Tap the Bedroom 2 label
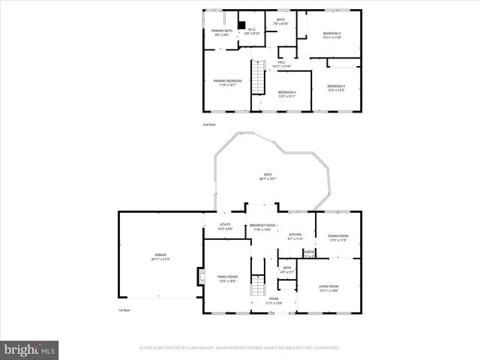pos(331,35)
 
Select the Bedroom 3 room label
pos(335,88)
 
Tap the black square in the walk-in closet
pos(241,22)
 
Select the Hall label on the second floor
pos(282,64)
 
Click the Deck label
pos(267,176)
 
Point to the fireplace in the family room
pos(199,277)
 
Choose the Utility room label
pos(224,226)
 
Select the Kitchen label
pos(295,236)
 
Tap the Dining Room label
pos(337,238)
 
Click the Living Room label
pos(328,288)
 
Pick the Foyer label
pos(275,301)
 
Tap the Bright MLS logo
pos(29,349)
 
